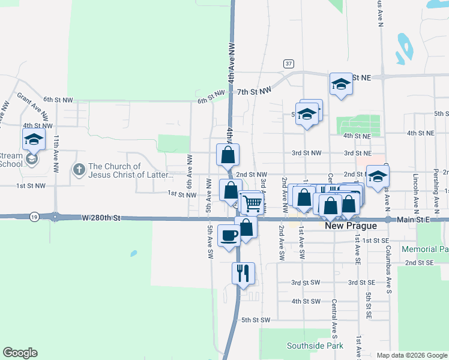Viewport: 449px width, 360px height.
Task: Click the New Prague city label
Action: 351,226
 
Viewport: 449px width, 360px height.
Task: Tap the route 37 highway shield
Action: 289,64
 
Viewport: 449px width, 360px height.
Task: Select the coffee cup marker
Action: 228,234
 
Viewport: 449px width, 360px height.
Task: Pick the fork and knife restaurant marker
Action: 243,273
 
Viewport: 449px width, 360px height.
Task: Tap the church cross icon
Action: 79,170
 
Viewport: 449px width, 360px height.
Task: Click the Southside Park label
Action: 315,346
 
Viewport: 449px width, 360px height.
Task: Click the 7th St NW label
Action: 254,91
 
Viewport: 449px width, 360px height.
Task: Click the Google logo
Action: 20,353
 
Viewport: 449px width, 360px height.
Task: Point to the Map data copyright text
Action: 411,355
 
